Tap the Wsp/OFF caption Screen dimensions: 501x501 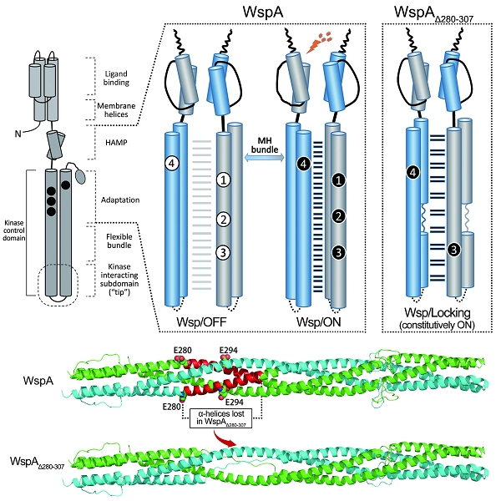pyautogui.click(x=198, y=321)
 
